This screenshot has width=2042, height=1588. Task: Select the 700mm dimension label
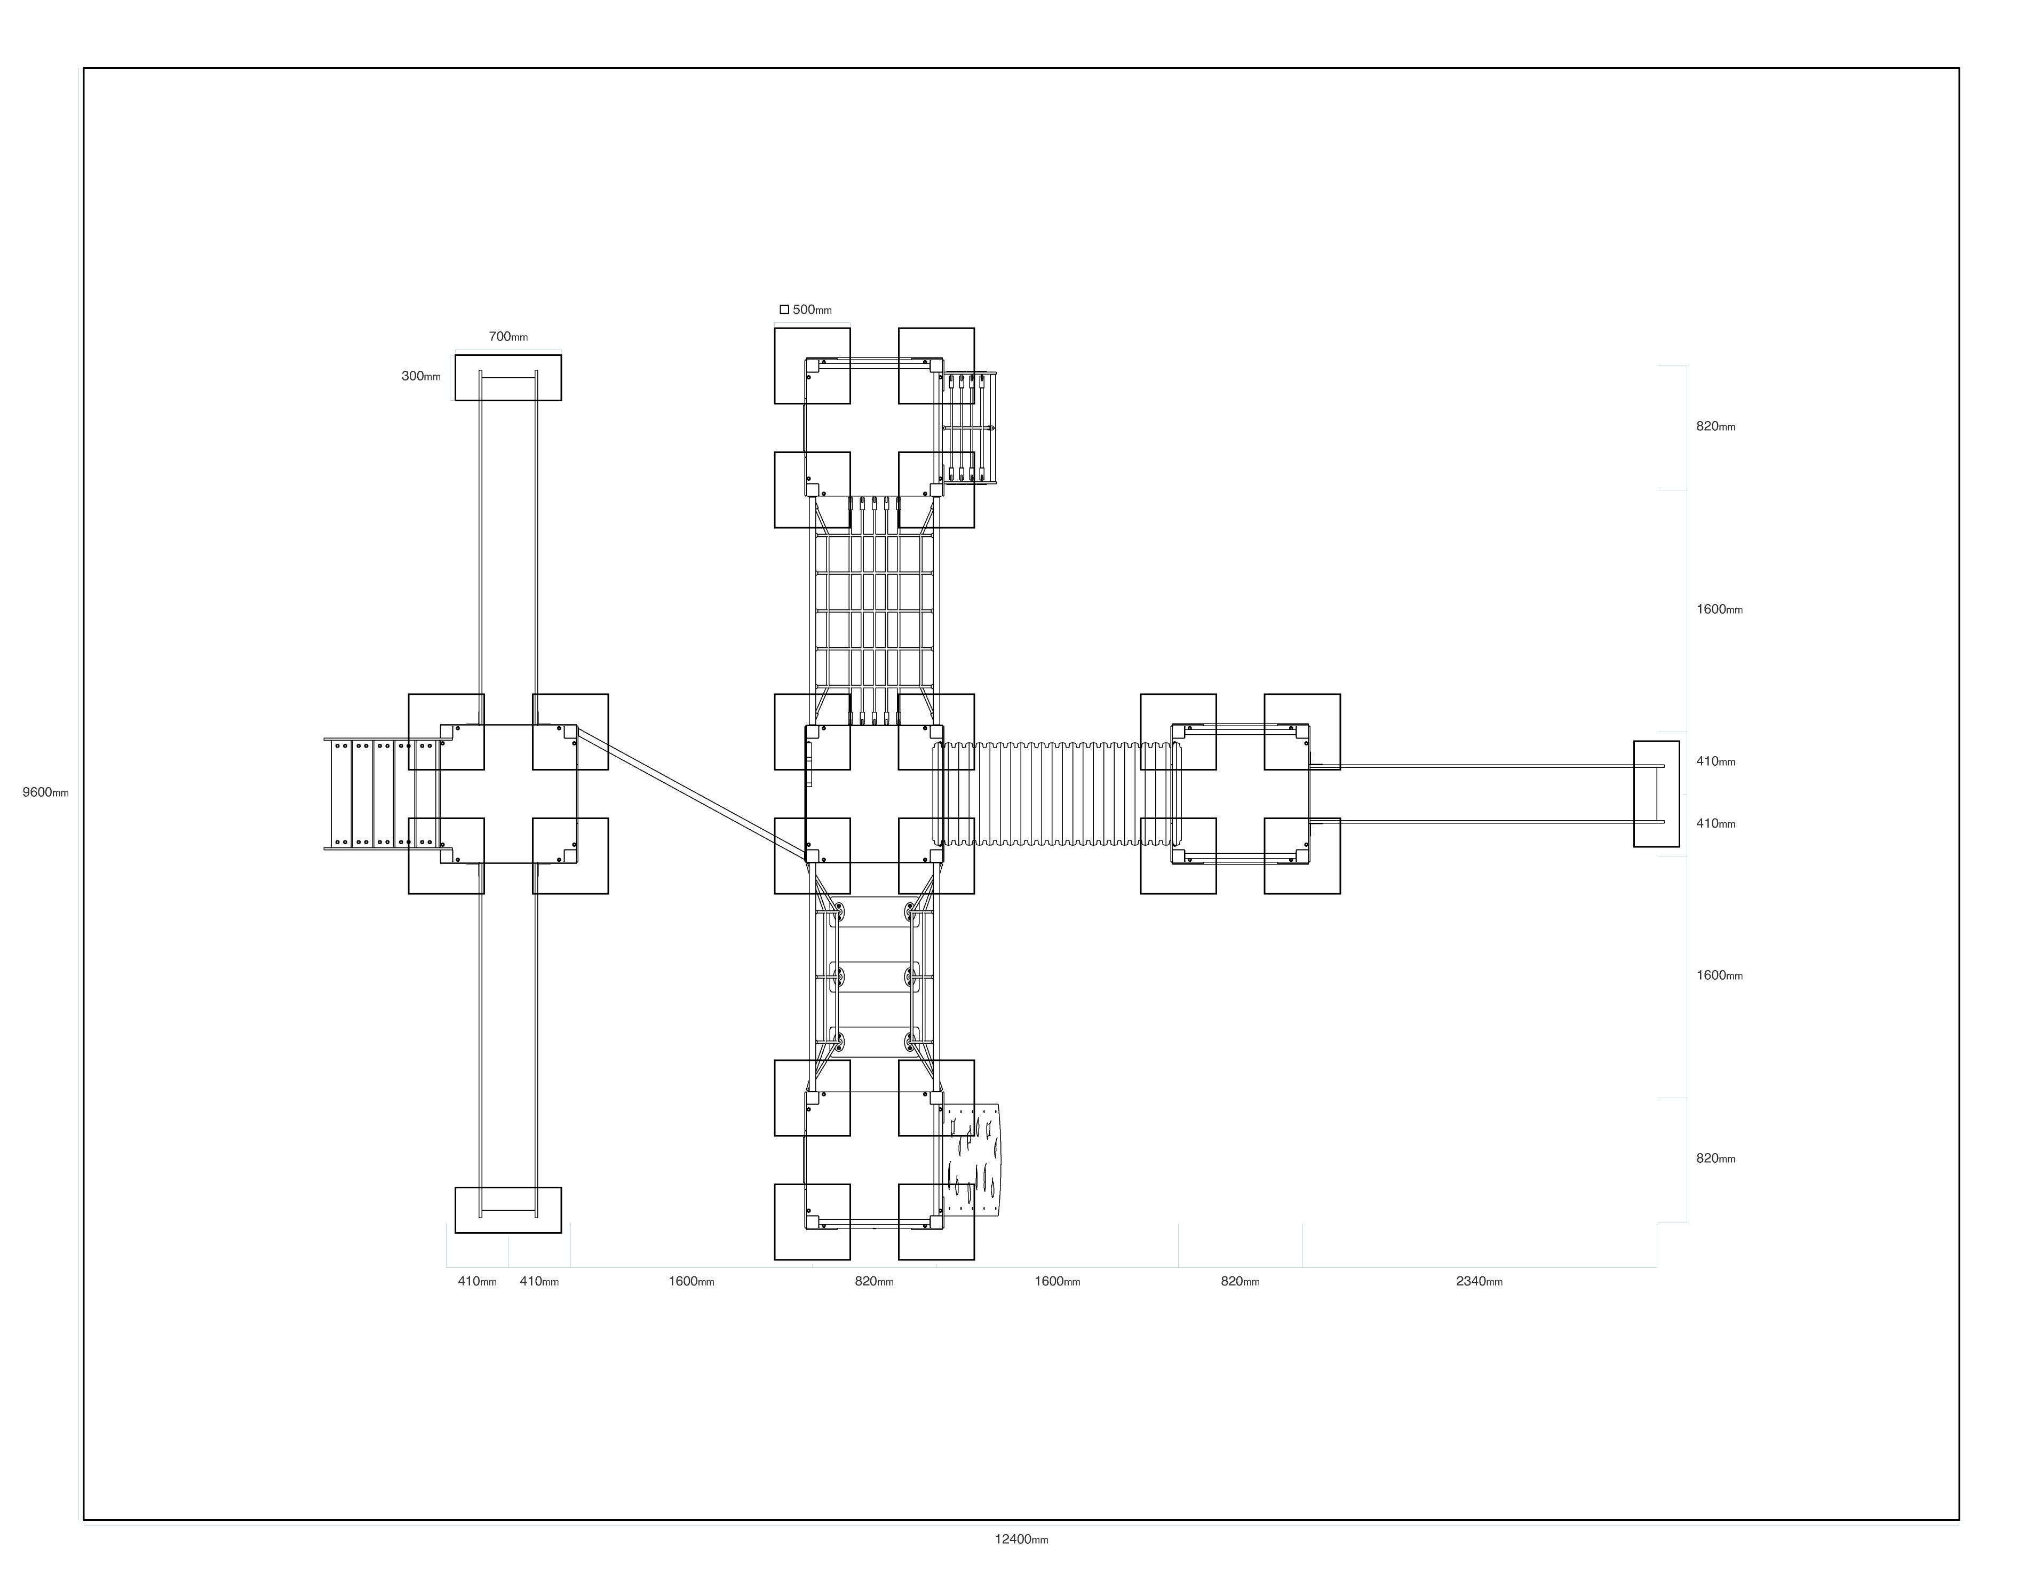[x=507, y=337]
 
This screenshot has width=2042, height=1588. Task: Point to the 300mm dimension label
[x=421, y=376]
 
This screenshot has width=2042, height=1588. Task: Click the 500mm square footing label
[x=812, y=309]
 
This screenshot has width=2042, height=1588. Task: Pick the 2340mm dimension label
[x=1479, y=1281]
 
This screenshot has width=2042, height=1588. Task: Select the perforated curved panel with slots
[x=971, y=1161]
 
